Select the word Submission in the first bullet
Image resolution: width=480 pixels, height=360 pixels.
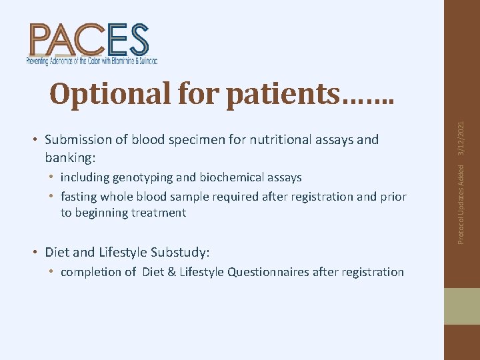[76, 139]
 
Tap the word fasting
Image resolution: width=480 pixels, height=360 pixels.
[79, 197]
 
